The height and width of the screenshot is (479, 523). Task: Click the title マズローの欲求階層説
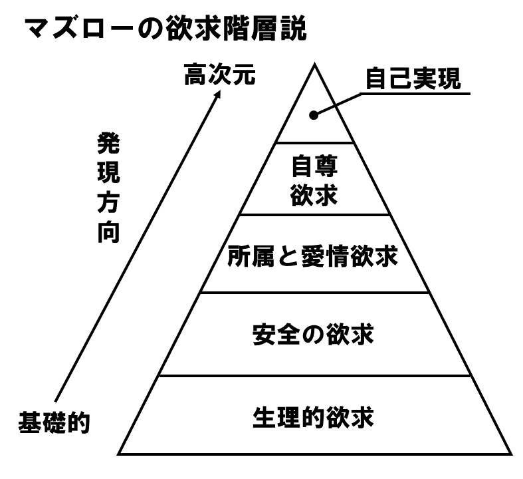[x=165, y=29]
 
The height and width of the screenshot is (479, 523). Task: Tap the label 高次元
[x=220, y=75]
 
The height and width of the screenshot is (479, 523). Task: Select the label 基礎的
[x=54, y=422]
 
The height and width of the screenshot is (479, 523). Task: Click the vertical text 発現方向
[x=108, y=188]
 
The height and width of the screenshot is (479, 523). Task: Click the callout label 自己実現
[x=413, y=79]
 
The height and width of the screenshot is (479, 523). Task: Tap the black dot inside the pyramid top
[x=314, y=115]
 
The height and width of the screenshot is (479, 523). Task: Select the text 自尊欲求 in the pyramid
[x=314, y=180]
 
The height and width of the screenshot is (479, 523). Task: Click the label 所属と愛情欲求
[x=312, y=256]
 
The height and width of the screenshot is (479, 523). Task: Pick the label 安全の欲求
[x=313, y=334]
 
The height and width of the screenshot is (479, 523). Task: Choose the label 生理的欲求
[x=313, y=417]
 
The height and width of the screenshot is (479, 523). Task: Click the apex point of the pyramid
[x=314, y=64]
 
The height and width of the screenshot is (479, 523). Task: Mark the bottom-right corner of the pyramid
[x=510, y=454]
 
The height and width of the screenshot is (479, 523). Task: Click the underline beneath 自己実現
[x=415, y=94]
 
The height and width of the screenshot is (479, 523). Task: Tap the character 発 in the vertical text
[x=108, y=144]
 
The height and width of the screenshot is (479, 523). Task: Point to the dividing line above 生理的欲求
[x=314, y=375]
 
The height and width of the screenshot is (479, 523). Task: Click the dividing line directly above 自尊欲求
[x=314, y=143]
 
